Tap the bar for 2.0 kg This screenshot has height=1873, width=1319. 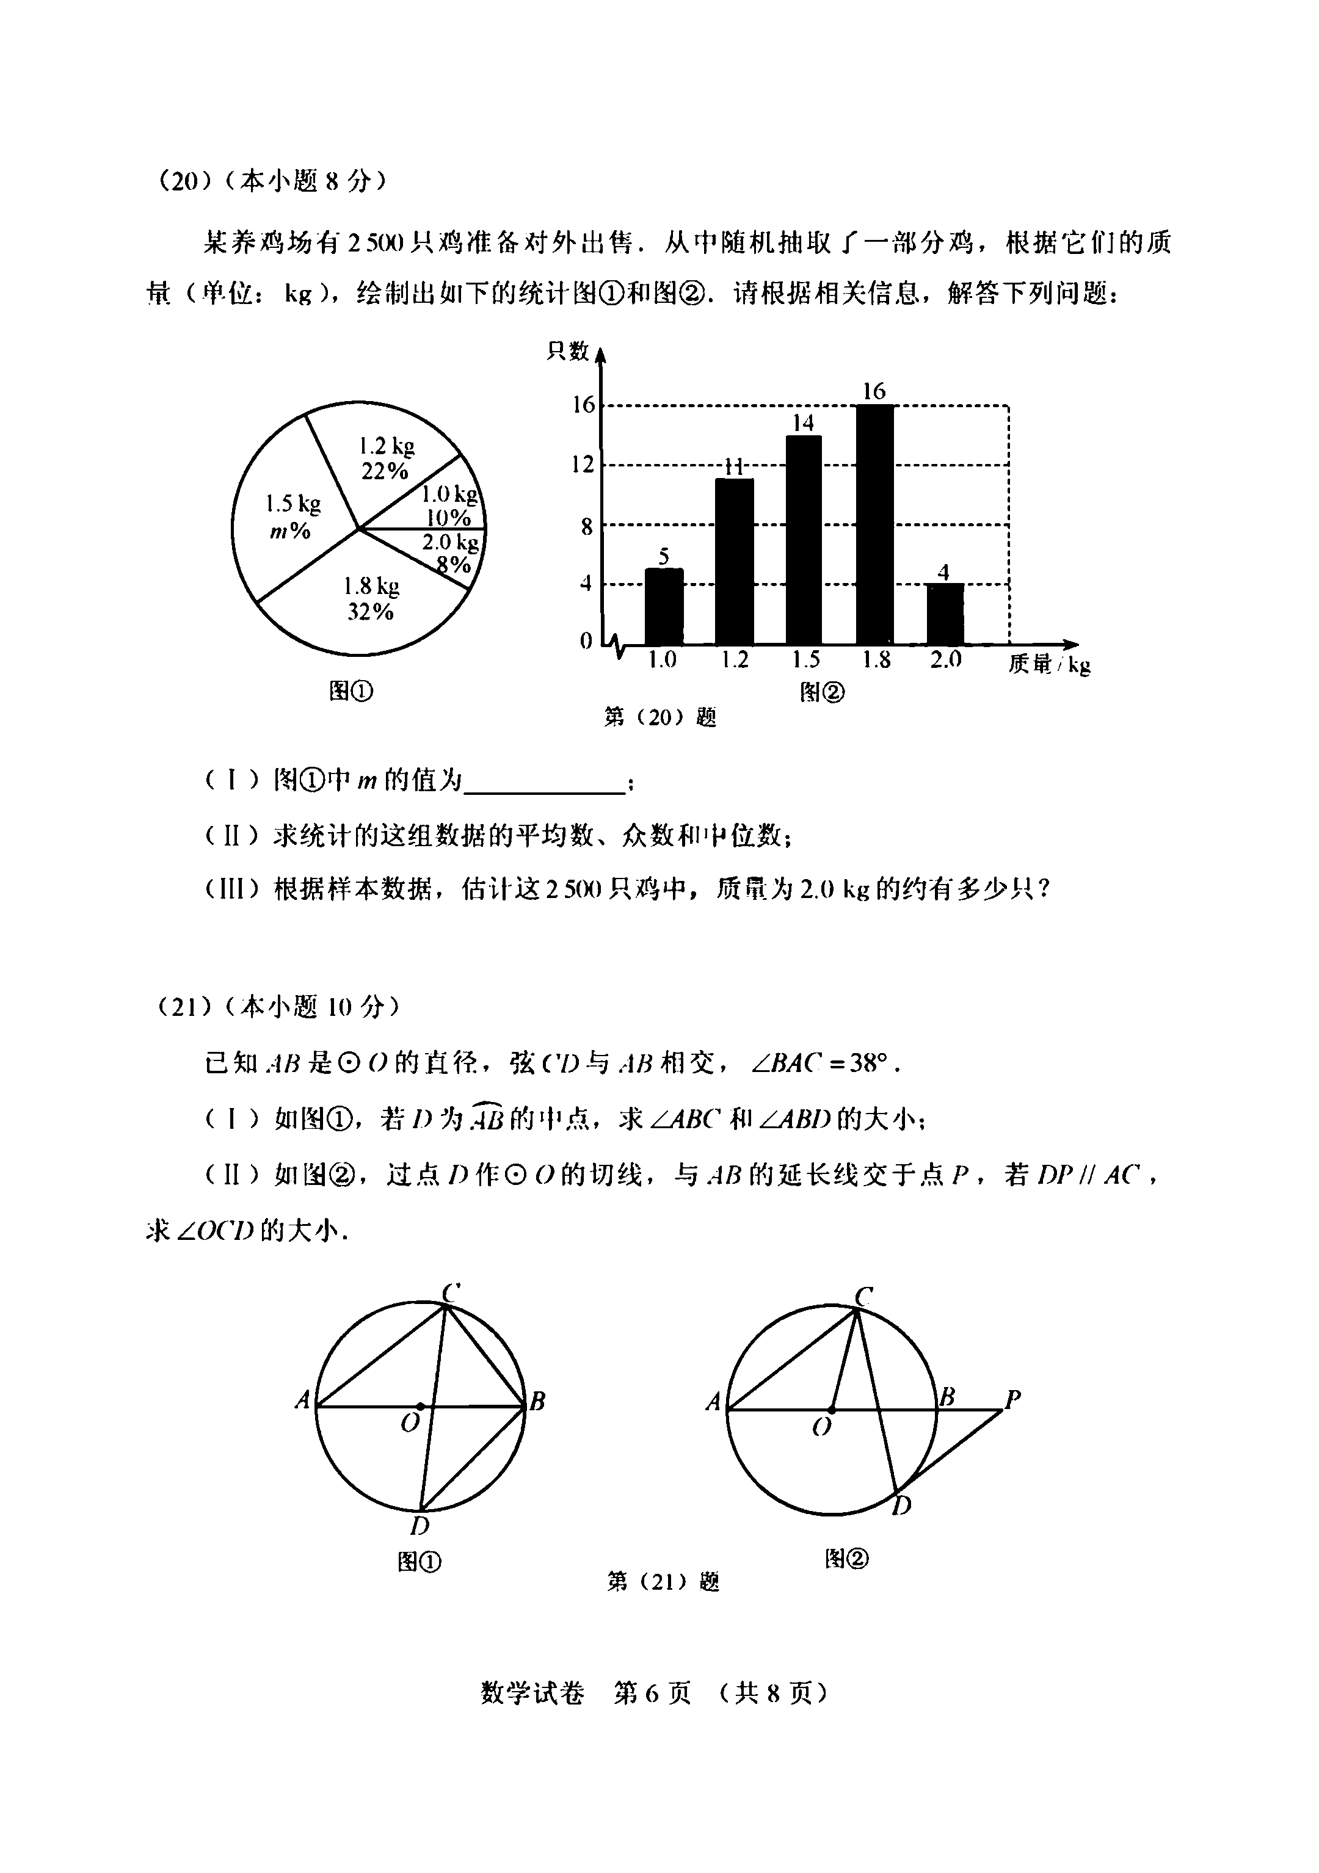(944, 614)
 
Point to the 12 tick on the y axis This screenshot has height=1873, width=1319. (583, 465)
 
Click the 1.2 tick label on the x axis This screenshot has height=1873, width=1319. (735, 660)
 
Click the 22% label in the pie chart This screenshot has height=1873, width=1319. (385, 471)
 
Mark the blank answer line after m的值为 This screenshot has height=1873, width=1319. (543, 783)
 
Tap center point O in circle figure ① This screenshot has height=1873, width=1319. (420, 1407)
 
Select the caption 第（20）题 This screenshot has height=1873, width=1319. (659, 717)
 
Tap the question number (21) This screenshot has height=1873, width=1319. (179, 1009)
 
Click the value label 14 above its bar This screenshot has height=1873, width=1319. (804, 422)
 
